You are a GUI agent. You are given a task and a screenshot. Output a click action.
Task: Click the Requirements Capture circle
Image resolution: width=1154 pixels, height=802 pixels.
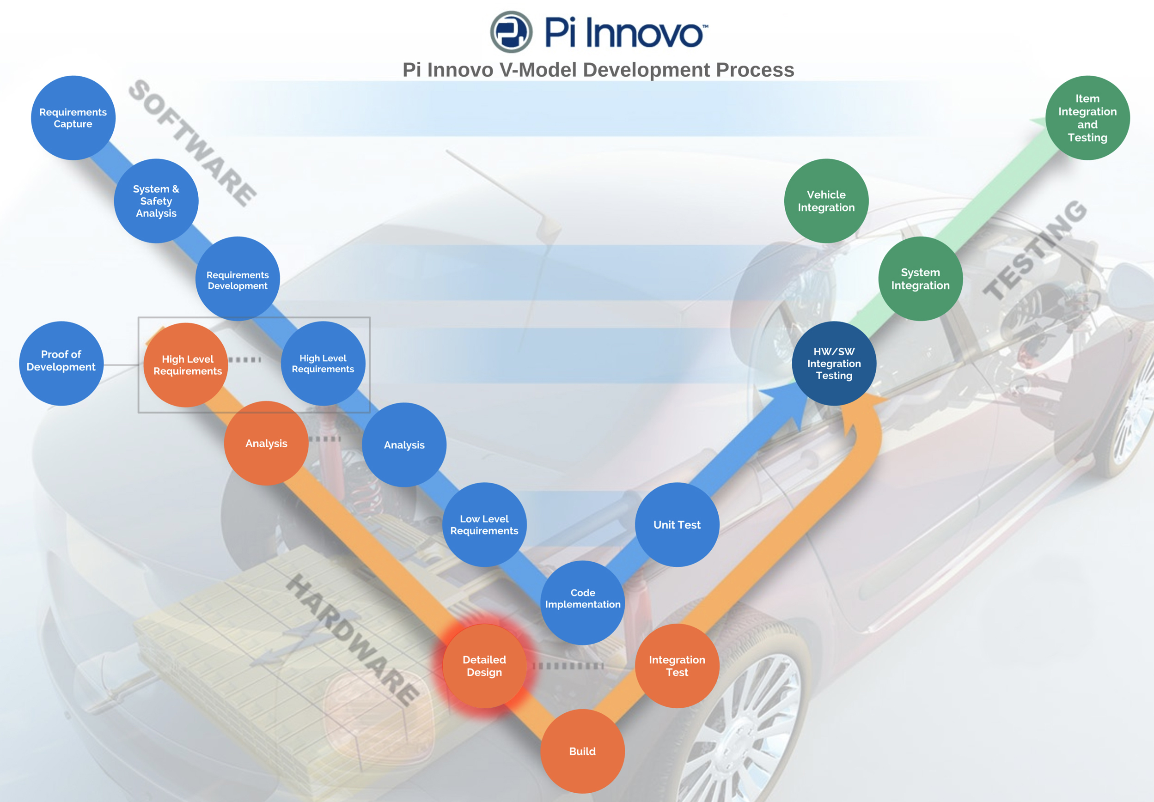(x=73, y=118)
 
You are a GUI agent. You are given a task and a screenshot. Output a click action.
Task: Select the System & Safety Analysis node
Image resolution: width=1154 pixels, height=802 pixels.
(x=156, y=201)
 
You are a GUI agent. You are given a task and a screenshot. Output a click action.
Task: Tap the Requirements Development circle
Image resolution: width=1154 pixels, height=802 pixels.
(x=237, y=279)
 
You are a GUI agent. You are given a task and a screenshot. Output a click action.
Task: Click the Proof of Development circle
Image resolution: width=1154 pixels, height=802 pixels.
(x=61, y=363)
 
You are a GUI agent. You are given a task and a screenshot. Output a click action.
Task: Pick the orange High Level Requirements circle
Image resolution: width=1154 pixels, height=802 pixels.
(x=186, y=365)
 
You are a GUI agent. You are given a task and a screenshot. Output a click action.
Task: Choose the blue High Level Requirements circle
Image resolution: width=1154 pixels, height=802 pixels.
(x=323, y=363)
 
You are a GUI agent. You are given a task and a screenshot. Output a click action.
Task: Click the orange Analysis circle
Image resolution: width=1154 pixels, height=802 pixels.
(x=266, y=443)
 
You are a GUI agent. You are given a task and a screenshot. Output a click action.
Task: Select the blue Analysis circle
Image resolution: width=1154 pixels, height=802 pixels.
(x=403, y=445)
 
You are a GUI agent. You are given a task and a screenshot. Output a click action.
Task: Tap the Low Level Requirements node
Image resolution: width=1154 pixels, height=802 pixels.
(x=484, y=525)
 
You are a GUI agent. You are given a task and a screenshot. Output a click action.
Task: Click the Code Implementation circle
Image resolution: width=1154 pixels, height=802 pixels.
(x=582, y=602)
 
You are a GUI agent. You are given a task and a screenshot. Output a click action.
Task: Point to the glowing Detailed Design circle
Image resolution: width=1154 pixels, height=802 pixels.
(x=484, y=666)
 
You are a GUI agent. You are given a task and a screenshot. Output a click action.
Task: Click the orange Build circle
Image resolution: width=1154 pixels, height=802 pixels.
(x=582, y=751)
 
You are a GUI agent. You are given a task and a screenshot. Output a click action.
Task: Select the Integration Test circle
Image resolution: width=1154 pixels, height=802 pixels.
(x=677, y=666)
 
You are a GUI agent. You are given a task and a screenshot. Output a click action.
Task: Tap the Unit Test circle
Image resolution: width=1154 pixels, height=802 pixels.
(x=677, y=525)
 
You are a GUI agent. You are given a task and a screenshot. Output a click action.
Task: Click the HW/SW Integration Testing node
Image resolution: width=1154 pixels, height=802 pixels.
(x=834, y=363)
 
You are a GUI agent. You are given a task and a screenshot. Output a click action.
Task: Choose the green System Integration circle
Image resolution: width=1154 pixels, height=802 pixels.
(x=920, y=279)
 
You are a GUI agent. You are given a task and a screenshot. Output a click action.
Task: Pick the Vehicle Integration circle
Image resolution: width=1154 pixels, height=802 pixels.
(x=826, y=201)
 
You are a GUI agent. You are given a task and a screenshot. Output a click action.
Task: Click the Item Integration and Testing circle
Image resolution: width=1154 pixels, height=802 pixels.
(x=1087, y=118)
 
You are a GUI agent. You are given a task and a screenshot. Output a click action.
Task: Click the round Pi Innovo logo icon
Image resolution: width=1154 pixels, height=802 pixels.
(x=511, y=32)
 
